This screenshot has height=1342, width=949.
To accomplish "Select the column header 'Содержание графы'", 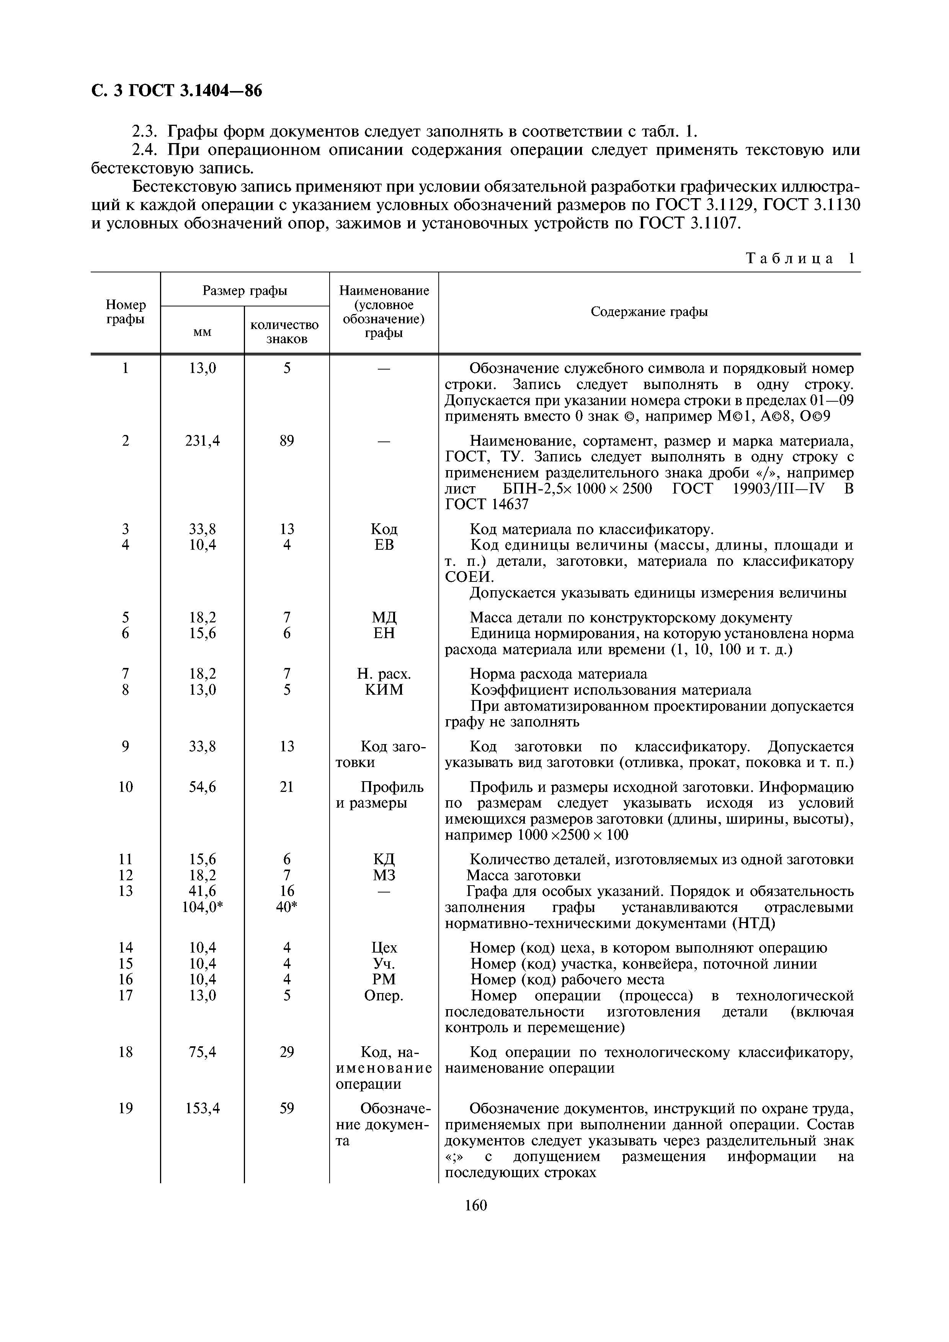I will (x=649, y=312).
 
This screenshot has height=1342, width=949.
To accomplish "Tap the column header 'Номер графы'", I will (x=126, y=312).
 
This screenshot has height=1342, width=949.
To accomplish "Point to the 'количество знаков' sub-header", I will (x=286, y=331).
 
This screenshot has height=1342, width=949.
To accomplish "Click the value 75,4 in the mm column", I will (x=202, y=1052).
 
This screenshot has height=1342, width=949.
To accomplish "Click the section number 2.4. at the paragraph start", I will (x=146, y=150).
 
